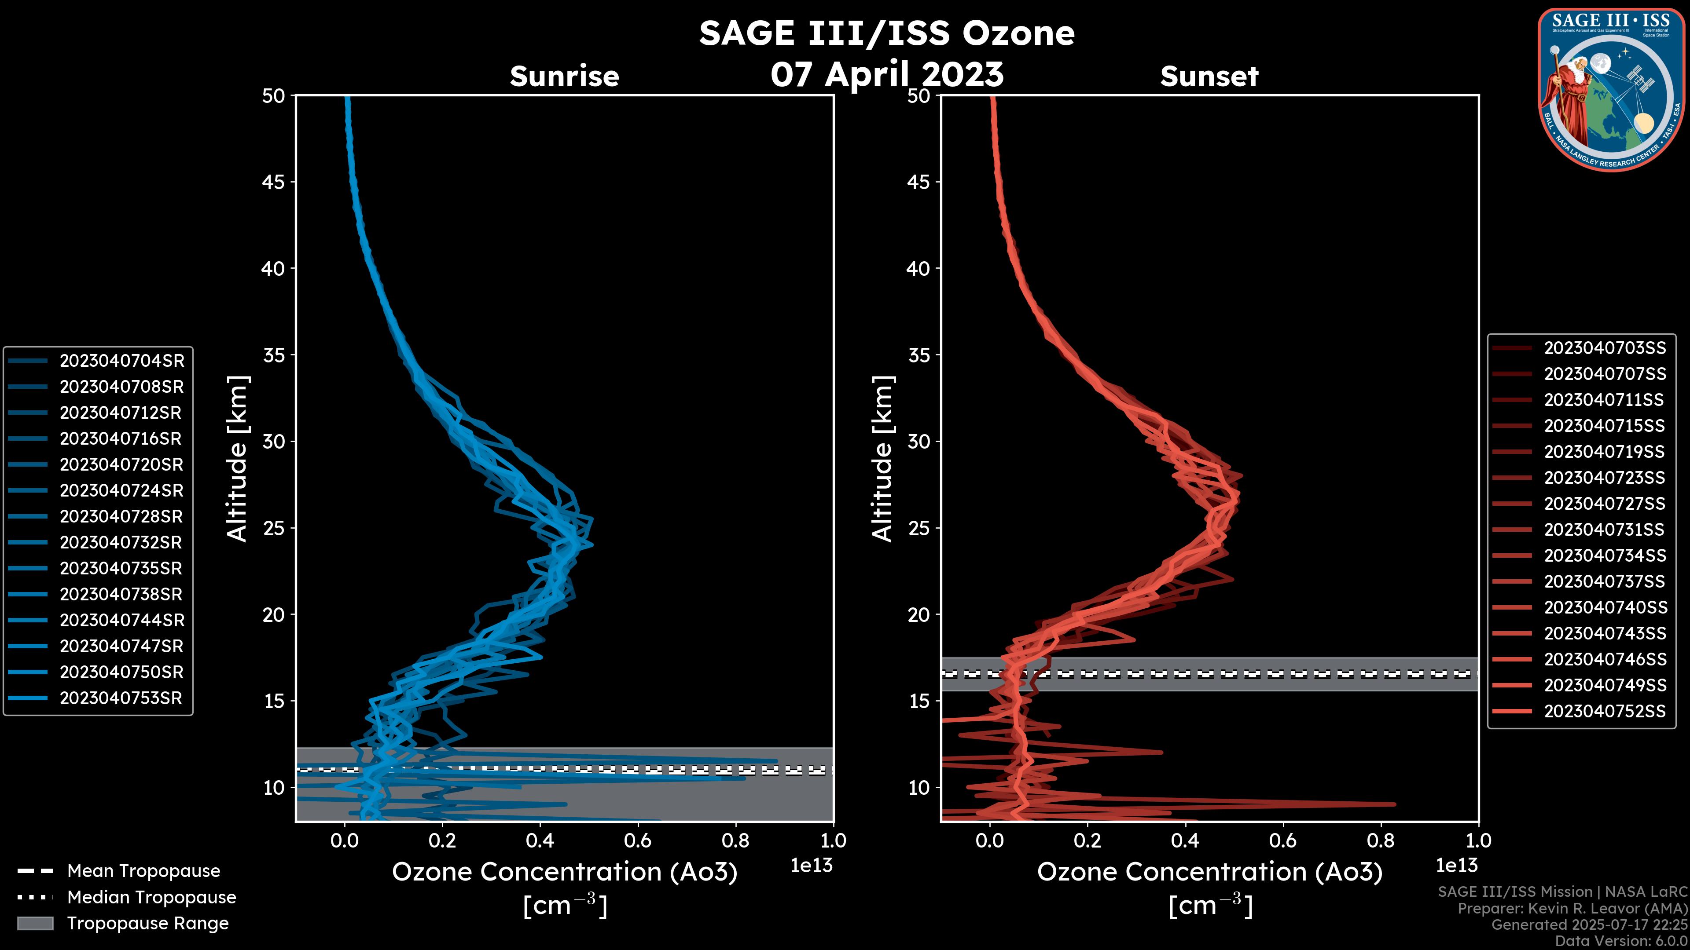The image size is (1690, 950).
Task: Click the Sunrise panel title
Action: (564, 76)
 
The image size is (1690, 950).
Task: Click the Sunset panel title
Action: (1209, 76)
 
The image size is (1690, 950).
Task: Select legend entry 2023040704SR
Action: (121, 361)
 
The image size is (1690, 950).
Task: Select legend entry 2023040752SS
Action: (1605, 711)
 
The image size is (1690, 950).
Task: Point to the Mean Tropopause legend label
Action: (143, 871)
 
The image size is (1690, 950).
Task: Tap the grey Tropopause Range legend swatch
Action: (35, 923)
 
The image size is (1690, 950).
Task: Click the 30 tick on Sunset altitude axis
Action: (918, 441)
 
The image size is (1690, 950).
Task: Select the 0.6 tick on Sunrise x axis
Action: (638, 840)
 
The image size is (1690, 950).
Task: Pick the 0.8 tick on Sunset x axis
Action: (1380, 840)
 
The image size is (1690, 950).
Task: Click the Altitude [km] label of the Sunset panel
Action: (882, 458)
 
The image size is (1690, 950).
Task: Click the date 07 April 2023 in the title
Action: (886, 73)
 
